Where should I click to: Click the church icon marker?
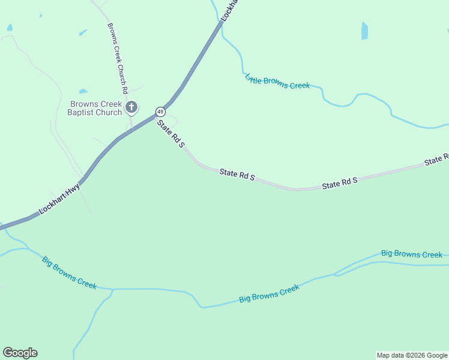point(131,108)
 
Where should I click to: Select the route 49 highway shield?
point(160,112)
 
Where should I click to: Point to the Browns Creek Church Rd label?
point(118,58)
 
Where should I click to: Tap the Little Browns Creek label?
point(277,82)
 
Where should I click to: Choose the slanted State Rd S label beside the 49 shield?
point(170,133)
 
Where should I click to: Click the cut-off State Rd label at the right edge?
point(437,160)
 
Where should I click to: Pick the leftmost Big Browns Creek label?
point(69,273)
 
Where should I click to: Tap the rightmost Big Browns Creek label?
point(412,254)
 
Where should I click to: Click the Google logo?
point(20,353)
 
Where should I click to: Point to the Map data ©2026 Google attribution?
point(412,355)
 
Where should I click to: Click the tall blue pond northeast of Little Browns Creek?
point(364,31)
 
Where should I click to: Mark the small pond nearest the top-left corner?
point(9,28)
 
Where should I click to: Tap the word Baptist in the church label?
point(80,112)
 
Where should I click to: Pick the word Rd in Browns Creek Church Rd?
point(125,88)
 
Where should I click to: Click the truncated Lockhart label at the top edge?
point(229,11)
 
